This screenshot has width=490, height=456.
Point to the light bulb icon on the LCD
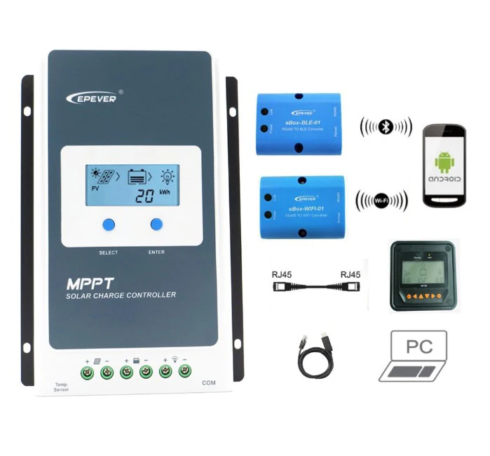click(169, 177)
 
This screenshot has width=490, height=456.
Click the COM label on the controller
click(208, 383)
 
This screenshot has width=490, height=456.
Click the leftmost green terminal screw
click(88, 373)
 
